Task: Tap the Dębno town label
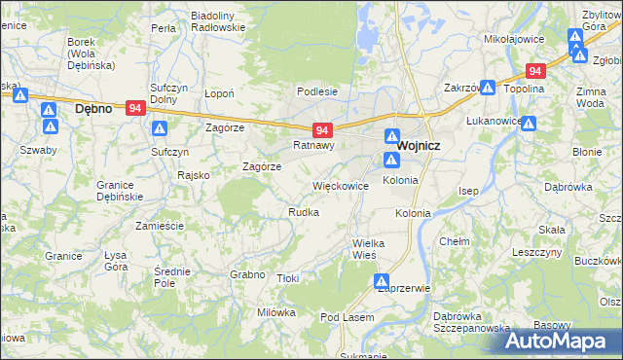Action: (94, 109)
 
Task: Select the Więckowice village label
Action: (340, 185)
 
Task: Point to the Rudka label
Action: (303, 211)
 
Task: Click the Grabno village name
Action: (247, 274)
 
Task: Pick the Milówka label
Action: (275, 312)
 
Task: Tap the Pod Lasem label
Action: (347, 318)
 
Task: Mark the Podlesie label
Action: (317, 91)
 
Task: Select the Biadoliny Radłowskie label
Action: (218, 21)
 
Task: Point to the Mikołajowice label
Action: (512, 40)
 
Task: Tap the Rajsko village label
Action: (188, 175)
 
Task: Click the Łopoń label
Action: (222, 93)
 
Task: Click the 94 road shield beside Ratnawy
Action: (325, 129)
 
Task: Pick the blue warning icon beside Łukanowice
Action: (529, 124)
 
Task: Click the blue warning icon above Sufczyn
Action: (161, 128)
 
